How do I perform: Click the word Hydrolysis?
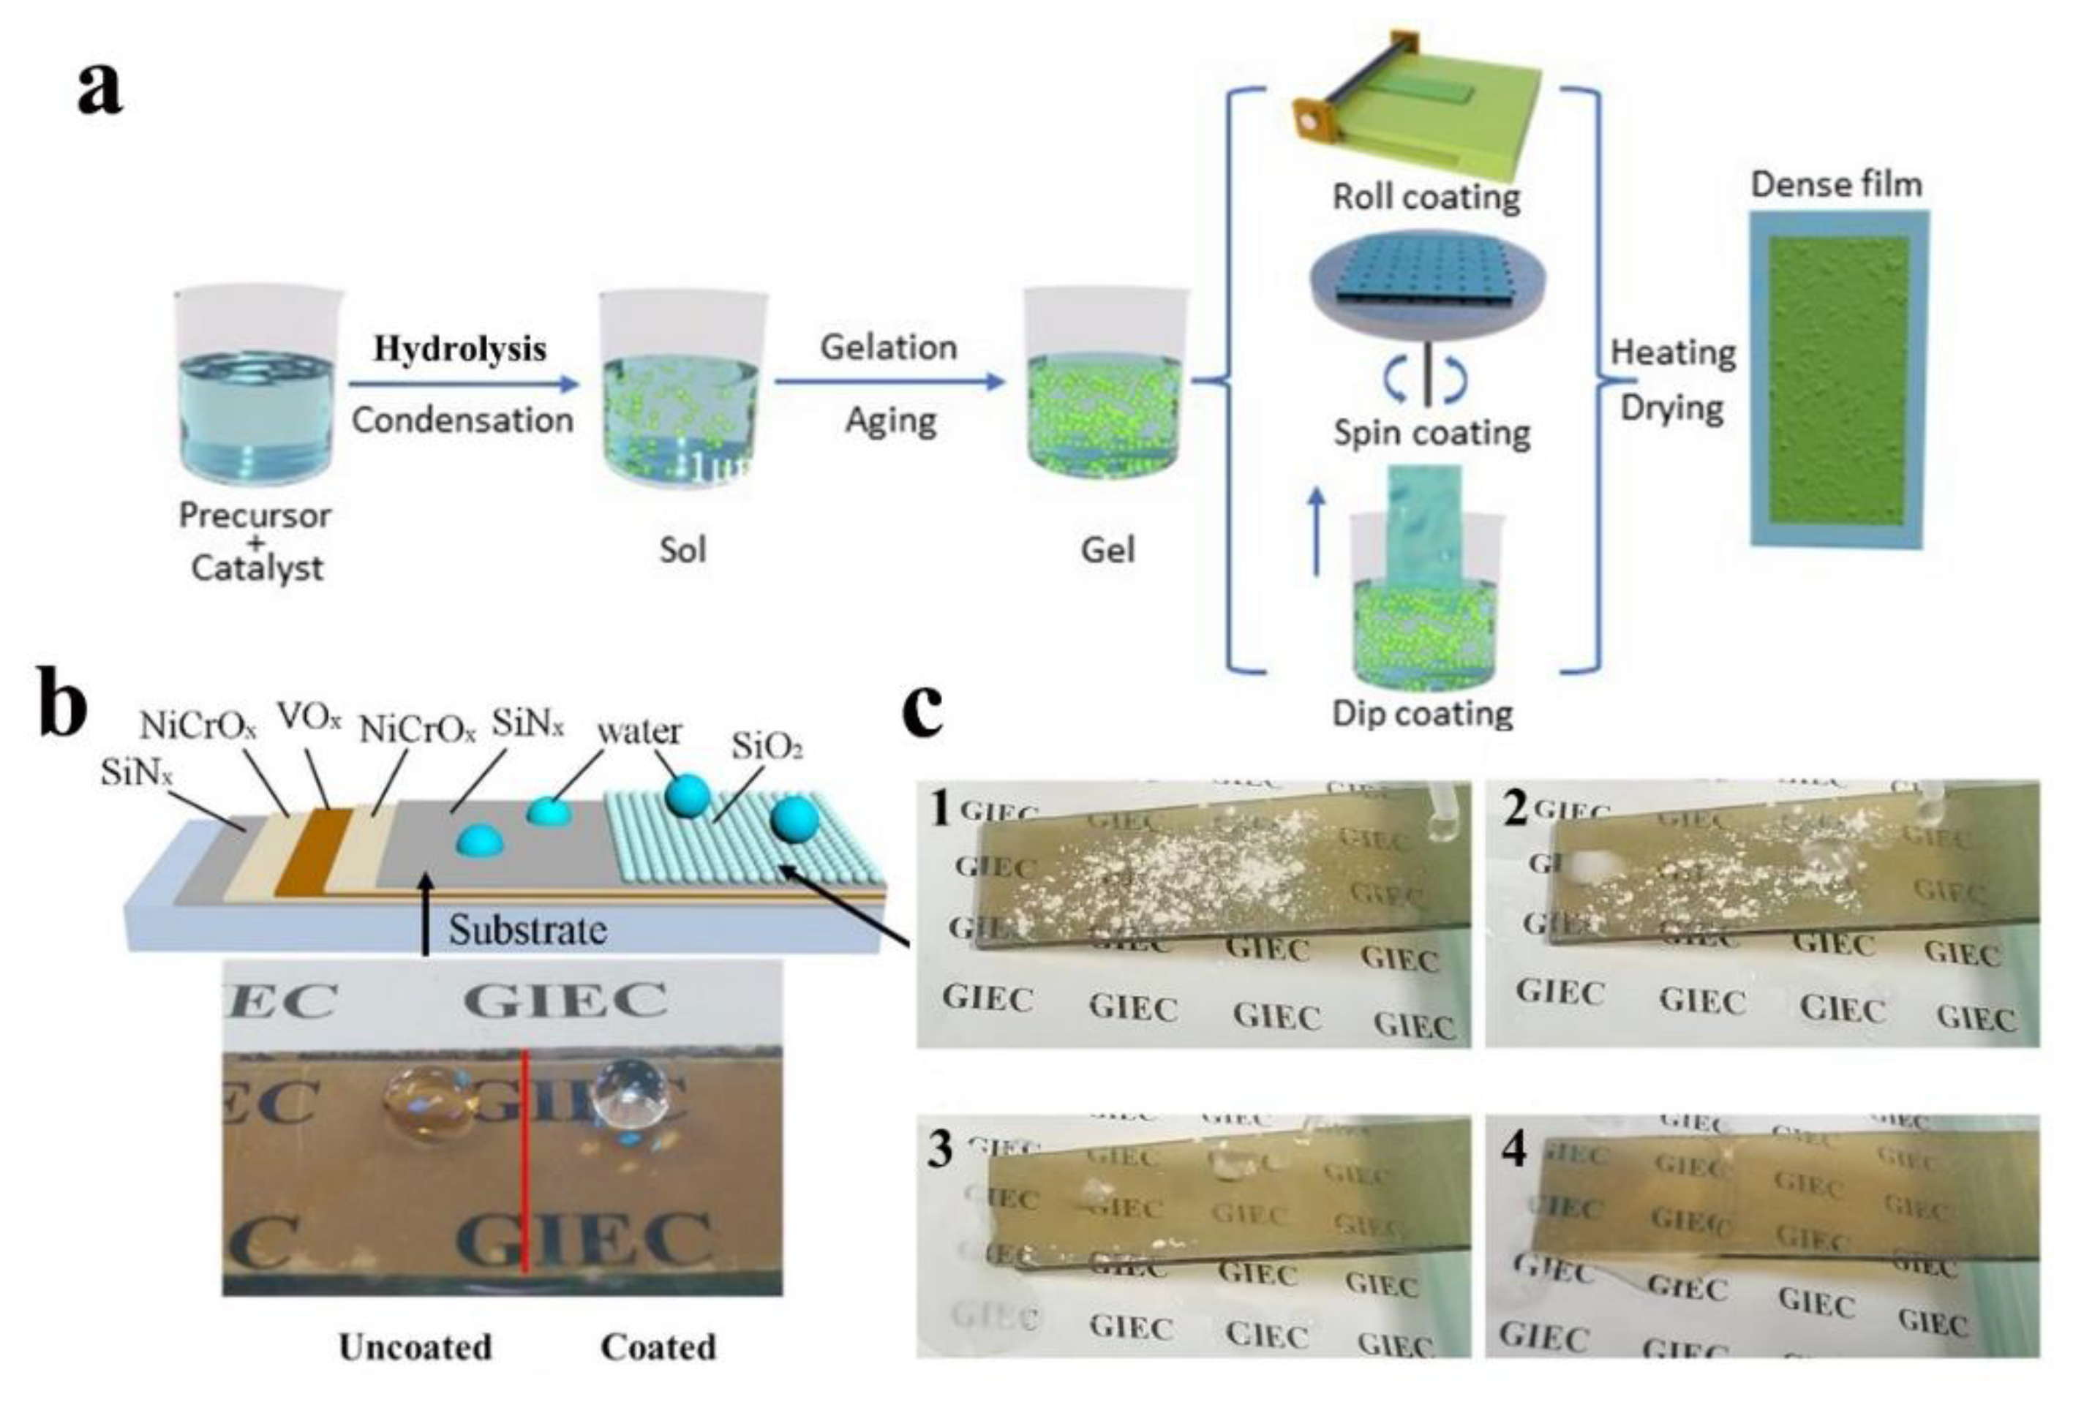point(459,349)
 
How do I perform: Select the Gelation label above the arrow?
point(889,347)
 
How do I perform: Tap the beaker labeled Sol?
point(682,393)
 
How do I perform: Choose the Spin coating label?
point(1431,434)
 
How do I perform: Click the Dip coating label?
point(1422,714)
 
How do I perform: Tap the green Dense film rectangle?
point(1837,379)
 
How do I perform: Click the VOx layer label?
point(309,716)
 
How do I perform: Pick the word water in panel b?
point(639,731)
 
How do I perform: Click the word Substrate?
point(527,930)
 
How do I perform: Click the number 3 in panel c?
point(940,1150)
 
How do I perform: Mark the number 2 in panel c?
point(1513,811)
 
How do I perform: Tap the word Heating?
point(1672,353)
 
